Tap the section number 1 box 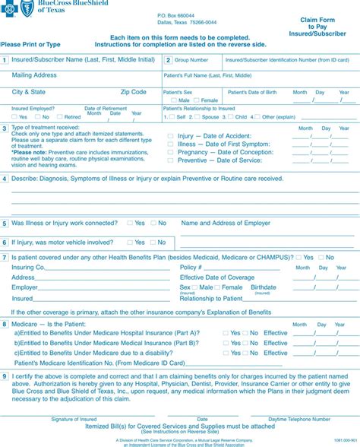pos(5,59)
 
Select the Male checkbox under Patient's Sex pos(175,100)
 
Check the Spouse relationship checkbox pos(198,117)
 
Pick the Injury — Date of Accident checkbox pos(169,135)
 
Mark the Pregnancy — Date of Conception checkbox pos(169,152)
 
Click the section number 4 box pos(5,179)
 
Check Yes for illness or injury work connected pos(130,223)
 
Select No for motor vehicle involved pos(153,242)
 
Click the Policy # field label pos(190,268)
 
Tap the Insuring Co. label pos(29,268)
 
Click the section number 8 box pos(5,324)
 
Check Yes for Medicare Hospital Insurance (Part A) pos(226,333)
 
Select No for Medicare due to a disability pos(246,353)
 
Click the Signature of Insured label pos(74,419)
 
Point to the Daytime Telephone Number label pos(298,419)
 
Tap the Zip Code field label pos(133,92)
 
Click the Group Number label pos(191,59)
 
